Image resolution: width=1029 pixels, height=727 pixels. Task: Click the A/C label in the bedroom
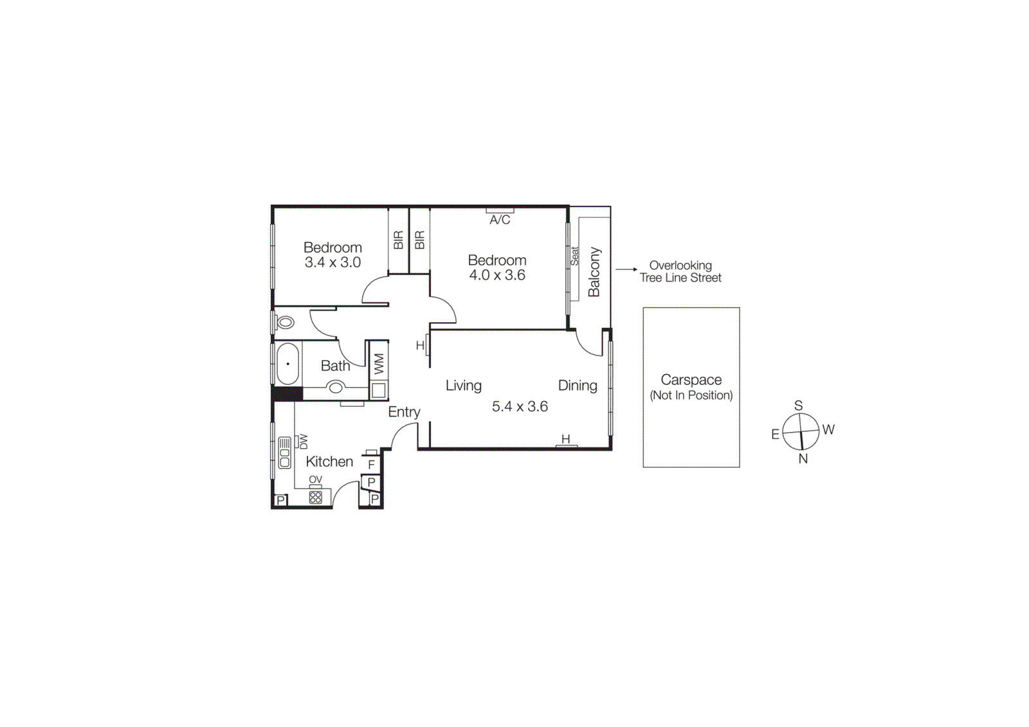coord(500,220)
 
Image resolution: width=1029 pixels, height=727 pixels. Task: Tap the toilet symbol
coord(284,322)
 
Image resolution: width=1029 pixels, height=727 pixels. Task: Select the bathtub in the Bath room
coord(287,364)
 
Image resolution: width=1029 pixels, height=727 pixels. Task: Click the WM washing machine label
coord(379,364)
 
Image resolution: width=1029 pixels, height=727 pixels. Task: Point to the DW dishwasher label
coord(304,442)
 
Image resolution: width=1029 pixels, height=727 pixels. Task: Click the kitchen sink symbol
coord(284,452)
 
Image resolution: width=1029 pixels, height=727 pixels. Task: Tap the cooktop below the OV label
coord(315,497)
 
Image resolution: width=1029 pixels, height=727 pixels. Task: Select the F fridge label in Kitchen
coord(371,464)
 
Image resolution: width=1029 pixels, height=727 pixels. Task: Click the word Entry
coord(404,412)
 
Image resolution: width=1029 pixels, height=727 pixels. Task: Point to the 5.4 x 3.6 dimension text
coord(520,406)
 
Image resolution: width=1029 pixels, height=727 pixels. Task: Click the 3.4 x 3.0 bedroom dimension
coord(332,262)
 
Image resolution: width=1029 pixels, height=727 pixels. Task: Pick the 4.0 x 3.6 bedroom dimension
coord(497,275)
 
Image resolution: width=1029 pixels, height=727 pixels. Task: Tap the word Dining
coord(578,385)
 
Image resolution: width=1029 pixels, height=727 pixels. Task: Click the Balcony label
coord(594,272)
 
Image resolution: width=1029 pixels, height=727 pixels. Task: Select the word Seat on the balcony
coord(574,256)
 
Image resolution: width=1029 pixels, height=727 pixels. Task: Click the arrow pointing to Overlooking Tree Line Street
coord(626,269)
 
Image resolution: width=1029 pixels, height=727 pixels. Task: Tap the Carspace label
coord(691,380)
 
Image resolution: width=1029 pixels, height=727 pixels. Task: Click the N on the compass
coord(803,458)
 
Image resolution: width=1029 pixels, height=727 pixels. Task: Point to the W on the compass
coord(828,429)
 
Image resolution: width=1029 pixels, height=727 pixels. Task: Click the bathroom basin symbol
coord(336,387)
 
